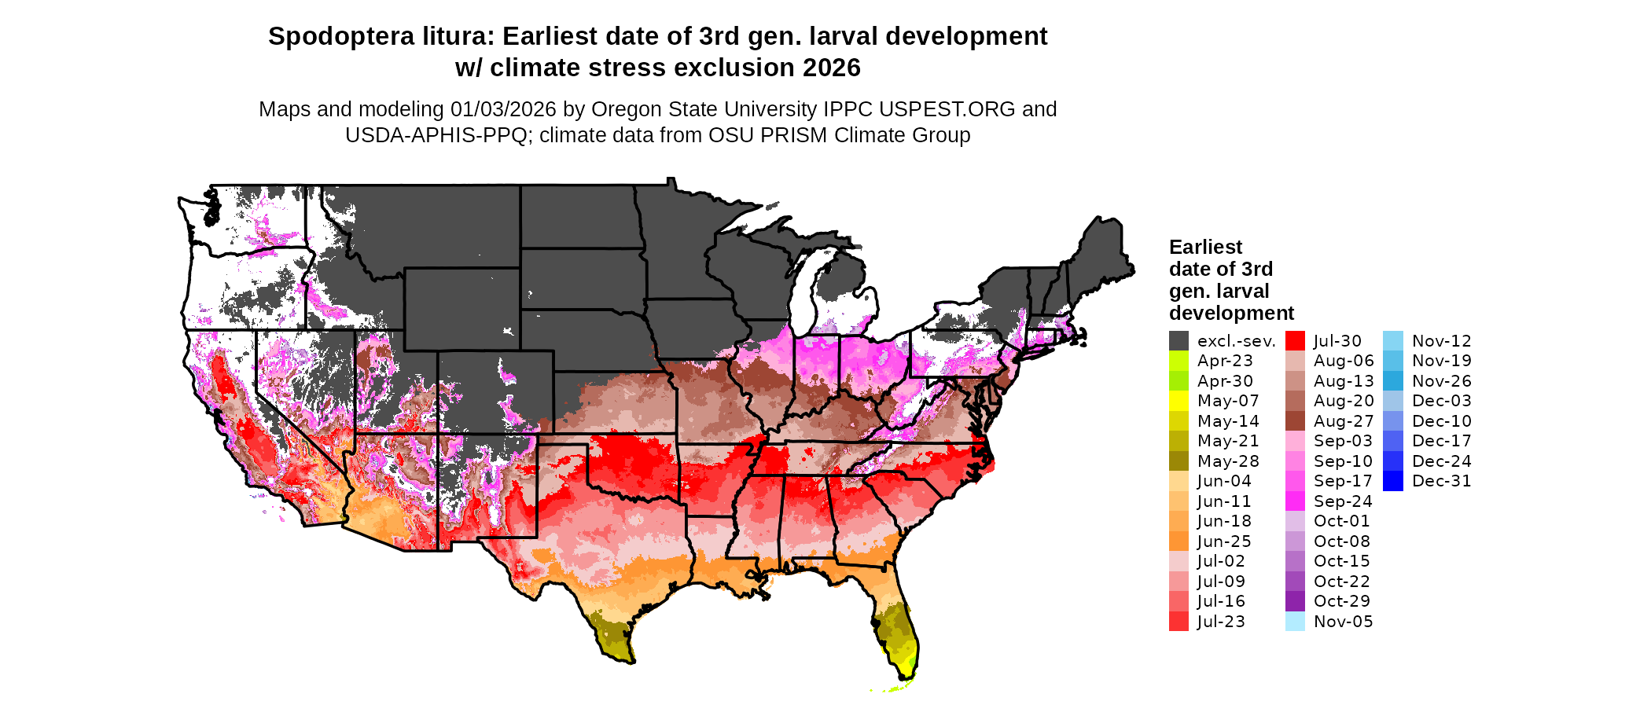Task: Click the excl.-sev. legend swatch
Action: tap(1178, 341)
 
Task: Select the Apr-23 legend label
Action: tap(1225, 361)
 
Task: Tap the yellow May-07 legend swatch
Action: tap(1178, 401)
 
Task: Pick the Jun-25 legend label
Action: tap(1224, 541)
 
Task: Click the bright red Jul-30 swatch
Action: tap(1295, 341)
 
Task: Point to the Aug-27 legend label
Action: tap(1344, 421)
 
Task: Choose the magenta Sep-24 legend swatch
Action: tap(1295, 501)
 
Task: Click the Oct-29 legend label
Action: tap(1341, 601)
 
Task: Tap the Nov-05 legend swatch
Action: tap(1295, 622)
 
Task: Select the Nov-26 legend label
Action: tap(1441, 381)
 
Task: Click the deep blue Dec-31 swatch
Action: tap(1392, 481)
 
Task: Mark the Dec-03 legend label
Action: tap(1441, 401)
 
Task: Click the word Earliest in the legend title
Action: tap(1205, 248)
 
